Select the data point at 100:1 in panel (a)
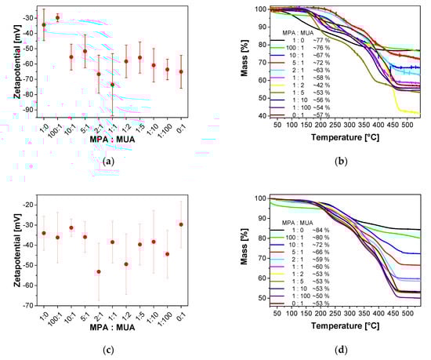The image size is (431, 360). (x=57, y=18)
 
